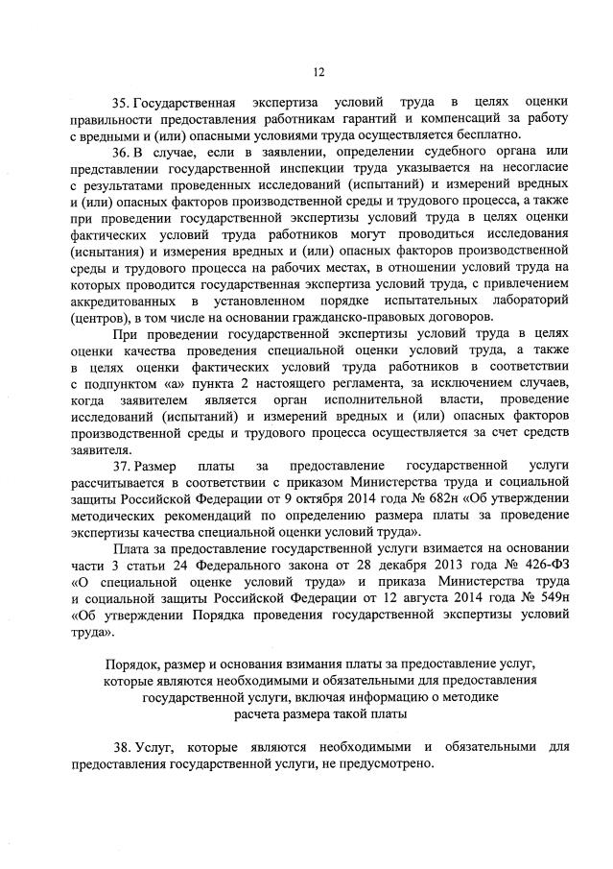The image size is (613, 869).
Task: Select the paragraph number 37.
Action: (119, 466)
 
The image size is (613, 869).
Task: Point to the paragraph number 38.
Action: (119, 747)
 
